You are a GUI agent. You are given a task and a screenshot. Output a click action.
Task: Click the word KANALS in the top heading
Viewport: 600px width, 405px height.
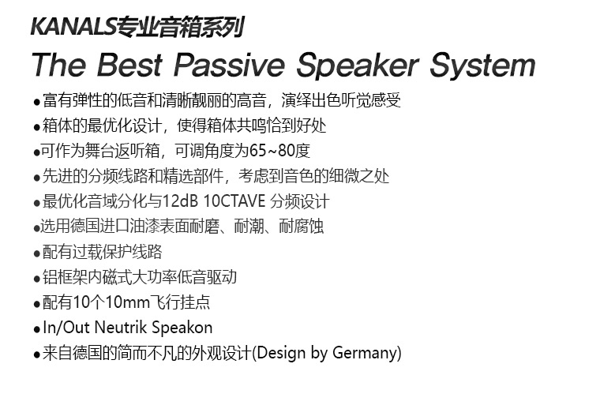73,27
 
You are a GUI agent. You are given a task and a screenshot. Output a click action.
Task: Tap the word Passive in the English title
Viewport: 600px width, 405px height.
229,65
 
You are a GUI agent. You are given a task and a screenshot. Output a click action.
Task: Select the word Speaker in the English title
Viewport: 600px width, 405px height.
358,66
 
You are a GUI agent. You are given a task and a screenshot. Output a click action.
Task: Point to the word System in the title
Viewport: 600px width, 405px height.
482,66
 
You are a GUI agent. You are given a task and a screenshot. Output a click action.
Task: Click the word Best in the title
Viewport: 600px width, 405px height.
129,65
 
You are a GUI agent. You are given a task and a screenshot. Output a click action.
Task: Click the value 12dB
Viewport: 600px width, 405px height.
180,201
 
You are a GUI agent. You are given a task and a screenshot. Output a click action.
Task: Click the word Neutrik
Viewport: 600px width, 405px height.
120,328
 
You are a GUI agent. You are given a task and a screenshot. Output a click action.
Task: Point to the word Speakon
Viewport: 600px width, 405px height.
182,328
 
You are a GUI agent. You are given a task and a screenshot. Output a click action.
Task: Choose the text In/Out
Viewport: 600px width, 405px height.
66,328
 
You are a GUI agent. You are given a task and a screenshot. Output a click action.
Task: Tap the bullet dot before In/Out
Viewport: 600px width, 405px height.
37,329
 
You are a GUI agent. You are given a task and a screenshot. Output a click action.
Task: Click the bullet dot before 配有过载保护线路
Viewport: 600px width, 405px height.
37,253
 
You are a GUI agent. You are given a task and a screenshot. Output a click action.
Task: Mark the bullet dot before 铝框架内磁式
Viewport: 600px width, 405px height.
37,279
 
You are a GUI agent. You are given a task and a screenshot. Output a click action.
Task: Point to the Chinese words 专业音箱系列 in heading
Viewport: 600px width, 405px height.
180,27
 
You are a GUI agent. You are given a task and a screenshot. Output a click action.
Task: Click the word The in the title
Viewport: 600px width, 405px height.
58,65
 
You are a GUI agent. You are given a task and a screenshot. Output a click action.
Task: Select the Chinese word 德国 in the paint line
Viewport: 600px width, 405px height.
85,227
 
